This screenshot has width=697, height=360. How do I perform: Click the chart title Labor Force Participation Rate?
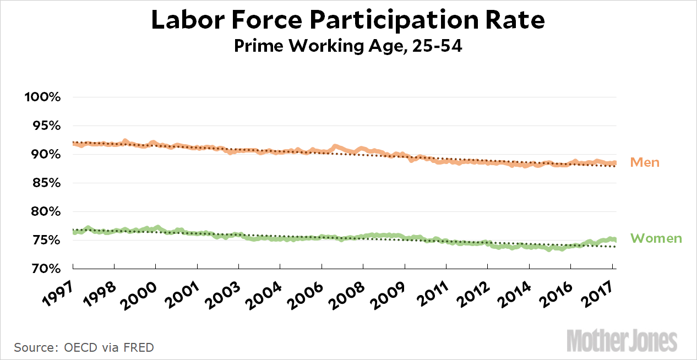(x=348, y=20)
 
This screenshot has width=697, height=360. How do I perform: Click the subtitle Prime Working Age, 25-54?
(x=348, y=46)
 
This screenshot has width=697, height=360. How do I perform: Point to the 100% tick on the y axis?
(x=42, y=97)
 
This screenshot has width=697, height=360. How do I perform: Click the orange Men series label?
(x=645, y=162)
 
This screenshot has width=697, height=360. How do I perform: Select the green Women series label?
(x=656, y=238)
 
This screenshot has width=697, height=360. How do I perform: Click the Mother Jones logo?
(x=623, y=340)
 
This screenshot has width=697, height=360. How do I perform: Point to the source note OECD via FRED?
(x=84, y=347)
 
